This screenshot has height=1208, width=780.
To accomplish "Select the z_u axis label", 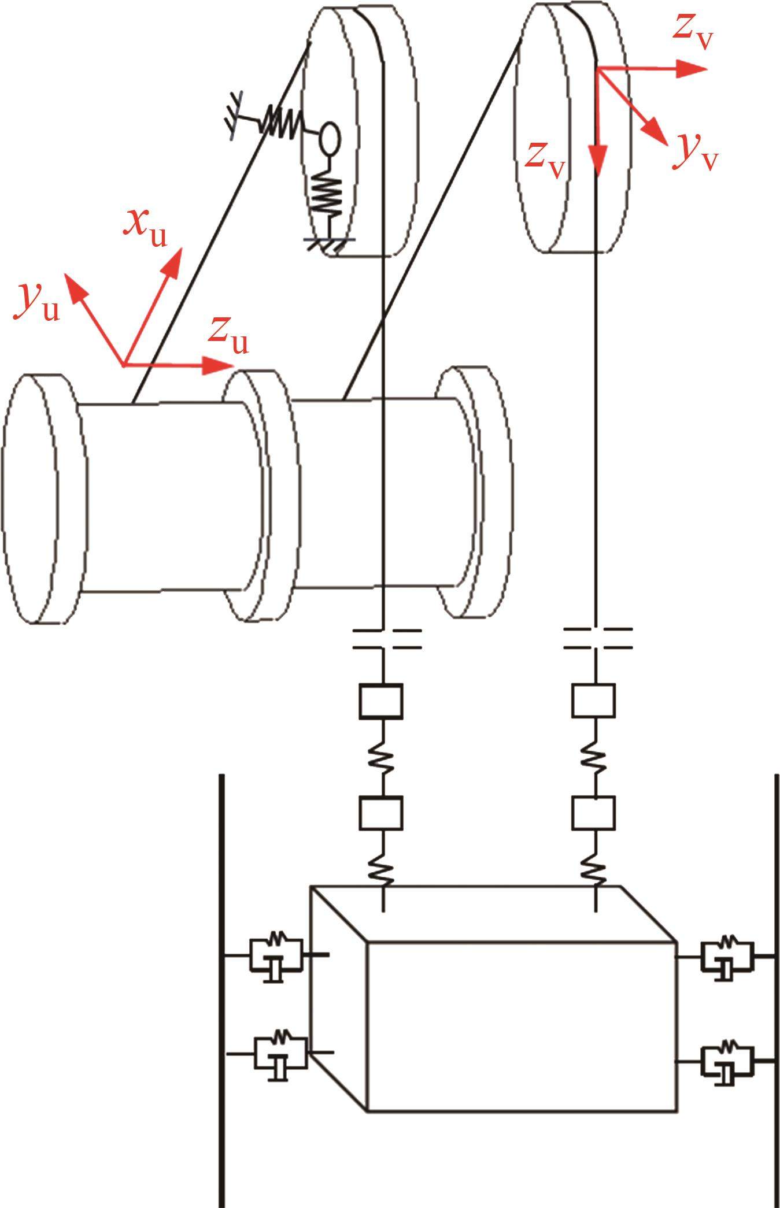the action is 229,335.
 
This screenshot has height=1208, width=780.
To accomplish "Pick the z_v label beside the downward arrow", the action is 545,160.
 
